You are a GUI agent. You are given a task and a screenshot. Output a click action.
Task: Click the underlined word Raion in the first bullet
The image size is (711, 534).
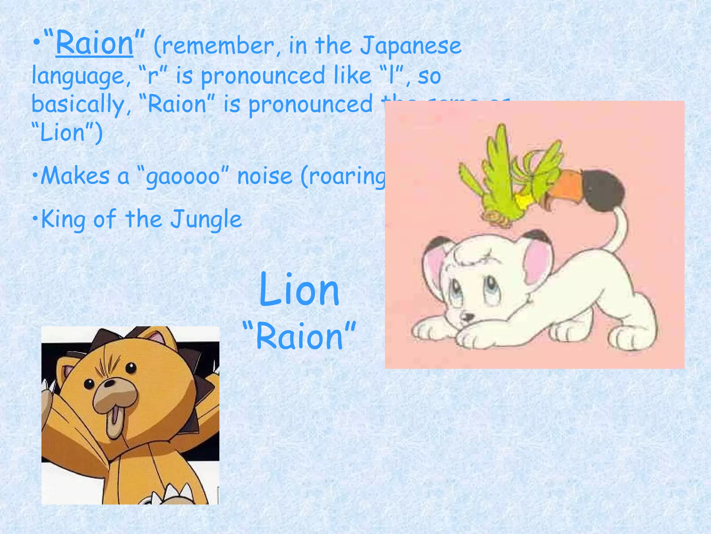[94, 43]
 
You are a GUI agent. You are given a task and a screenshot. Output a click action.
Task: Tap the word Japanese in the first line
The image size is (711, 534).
[411, 46]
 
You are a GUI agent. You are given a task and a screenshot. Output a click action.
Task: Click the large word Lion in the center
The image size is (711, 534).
[299, 290]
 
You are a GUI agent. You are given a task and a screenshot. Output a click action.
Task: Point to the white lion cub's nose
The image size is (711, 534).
[468, 316]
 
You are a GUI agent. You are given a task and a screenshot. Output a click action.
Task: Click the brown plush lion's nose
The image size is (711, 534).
[110, 383]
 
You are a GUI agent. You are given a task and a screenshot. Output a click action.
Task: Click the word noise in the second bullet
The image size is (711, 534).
[265, 177]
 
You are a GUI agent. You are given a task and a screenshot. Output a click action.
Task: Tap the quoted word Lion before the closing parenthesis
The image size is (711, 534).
[63, 133]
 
